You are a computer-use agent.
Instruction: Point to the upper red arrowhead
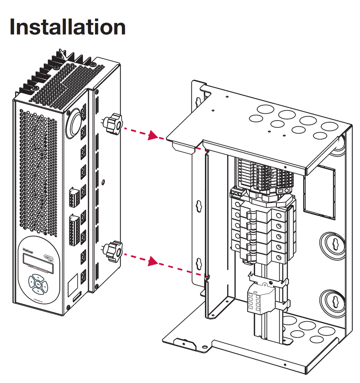click(x=153, y=135)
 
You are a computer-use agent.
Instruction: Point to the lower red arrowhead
click(x=153, y=261)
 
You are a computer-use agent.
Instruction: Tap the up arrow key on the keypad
click(x=38, y=277)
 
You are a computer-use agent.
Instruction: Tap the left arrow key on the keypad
click(x=31, y=284)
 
